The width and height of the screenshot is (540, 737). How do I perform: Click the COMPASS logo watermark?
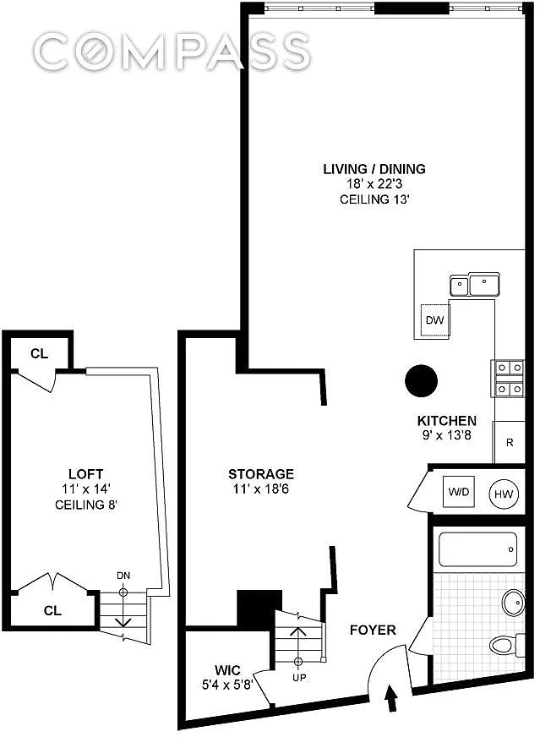coord(172,52)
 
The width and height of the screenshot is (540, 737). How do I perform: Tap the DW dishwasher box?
coord(434,320)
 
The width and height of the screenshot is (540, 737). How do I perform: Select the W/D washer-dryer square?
coord(459,492)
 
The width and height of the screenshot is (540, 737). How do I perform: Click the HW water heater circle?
coord(504,494)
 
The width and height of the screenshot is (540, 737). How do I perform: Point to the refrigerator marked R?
coord(509,442)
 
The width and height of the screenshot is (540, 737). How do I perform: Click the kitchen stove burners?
coord(508,379)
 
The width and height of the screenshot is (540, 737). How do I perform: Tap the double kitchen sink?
coord(475,284)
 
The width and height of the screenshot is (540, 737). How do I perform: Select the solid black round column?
coord(421,380)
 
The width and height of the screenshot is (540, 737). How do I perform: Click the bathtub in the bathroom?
coord(477,549)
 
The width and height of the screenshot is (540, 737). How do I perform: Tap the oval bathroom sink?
coord(513,602)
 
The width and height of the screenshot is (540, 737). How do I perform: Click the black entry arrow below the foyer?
coord(391,698)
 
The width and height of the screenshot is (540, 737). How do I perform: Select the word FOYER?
coord(373,630)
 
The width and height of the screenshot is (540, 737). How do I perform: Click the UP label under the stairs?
coord(299,677)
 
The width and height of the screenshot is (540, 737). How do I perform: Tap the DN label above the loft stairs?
coord(123,576)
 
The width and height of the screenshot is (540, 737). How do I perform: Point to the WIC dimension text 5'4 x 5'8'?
coord(227,685)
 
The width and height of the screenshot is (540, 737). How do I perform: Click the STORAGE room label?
coord(261,474)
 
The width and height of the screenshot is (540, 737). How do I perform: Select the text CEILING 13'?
coord(374,199)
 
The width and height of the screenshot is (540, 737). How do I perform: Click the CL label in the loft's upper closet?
coord(39,353)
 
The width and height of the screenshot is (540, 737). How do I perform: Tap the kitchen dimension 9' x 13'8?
coord(446,435)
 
